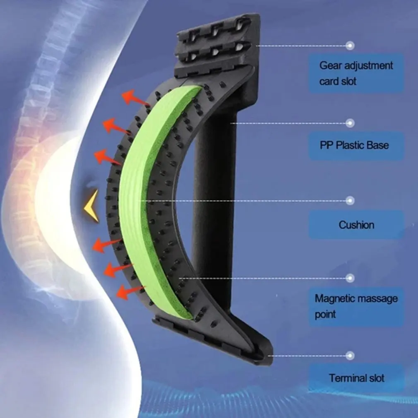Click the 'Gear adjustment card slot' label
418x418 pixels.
click(356, 73)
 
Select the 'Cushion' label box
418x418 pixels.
click(356, 225)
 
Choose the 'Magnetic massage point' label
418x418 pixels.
click(356, 306)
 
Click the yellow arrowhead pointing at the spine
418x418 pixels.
click(91, 205)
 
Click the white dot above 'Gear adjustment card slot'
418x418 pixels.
click(350, 45)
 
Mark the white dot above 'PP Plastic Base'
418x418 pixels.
click(350, 123)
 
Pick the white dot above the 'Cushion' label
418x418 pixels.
click(350, 201)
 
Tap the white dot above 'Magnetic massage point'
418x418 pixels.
click(350, 278)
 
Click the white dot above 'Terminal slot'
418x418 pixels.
click(350, 355)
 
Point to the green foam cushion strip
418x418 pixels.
click(143, 199)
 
